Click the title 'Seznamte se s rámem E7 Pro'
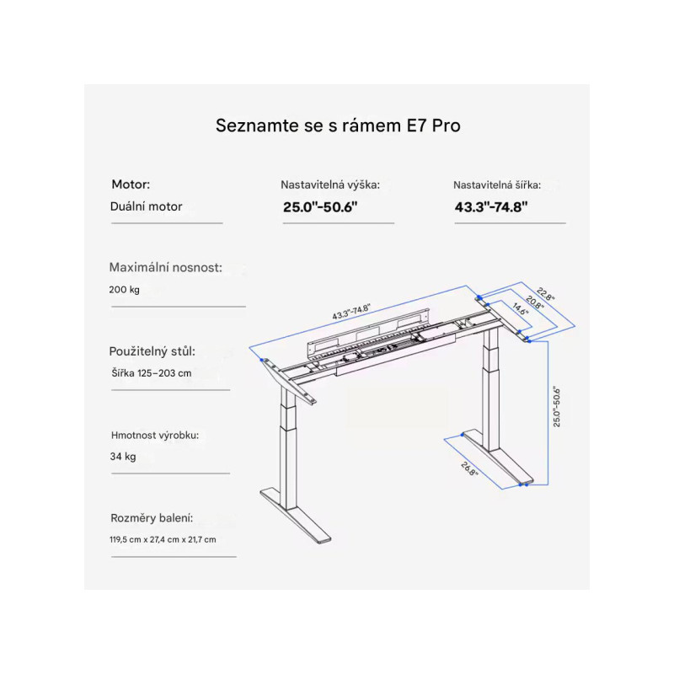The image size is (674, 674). pyautogui.click(x=338, y=126)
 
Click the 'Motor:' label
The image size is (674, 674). pyautogui.click(x=131, y=185)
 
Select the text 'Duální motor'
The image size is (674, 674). pyautogui.click(x=146, y=206)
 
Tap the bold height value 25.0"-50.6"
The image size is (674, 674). pyautogui.click(x=320, y=207)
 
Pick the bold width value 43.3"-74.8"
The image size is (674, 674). pyautogui.click(x=491, y=207)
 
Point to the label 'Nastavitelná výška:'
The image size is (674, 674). pyautogui.click(x=330, y=185)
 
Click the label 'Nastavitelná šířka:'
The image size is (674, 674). pyautogui.click(x=497, y=185)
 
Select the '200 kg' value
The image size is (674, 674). pyautogui.click(x=124, y=290)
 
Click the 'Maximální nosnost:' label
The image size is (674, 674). pyautogui.click(x=165, y=267)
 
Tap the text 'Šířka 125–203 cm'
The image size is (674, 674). pyautogui.click(x=152, y=373)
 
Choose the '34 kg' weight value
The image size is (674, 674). pyautogui.click(x=123, y=456)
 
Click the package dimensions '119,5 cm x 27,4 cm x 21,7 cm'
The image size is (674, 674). pyautogui.click(x=163, y=539)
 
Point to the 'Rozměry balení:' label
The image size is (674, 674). pyautogui.click(x=152, y=518)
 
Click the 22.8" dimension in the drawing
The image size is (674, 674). pyautogui.click(x=545, y=294)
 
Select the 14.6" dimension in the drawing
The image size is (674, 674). pyautogui.click(x=521, y=309)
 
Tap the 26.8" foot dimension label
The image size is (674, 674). pyautogui.click(x=469, y=469)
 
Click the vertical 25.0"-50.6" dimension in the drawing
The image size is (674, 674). pyautogui.click(x=557, y=407)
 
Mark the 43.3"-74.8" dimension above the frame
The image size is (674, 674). pyautogui.click(x=351, y=312)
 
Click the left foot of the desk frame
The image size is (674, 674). pyautogui.click(x=296, y=516)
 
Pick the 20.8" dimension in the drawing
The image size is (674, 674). pyautogui.click(x=534, y=302)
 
